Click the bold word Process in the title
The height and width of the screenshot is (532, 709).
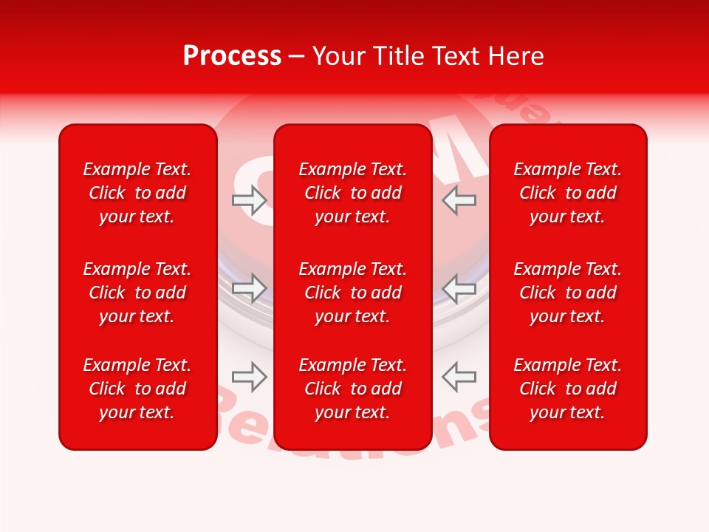[232, 56]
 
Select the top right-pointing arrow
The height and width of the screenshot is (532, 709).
[249, 200]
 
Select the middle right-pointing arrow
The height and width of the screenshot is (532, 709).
[249, 288]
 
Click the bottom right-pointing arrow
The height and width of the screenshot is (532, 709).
[249, 376]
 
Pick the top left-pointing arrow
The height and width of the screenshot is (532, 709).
[459, 200]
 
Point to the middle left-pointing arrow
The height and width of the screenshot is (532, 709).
[459, 288]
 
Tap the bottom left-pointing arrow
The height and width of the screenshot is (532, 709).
[459, 376]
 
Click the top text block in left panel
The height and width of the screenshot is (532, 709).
[137, 193]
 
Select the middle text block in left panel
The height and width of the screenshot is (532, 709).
[137, 293]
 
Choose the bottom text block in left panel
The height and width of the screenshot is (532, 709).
[137, 389]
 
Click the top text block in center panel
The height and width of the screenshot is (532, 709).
[353, 193]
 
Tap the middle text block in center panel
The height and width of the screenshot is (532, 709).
[353, 293]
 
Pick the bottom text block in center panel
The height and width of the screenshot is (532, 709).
[353, 389]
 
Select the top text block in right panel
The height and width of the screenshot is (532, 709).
[568, 193]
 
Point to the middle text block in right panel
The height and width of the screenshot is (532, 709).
[568, 293]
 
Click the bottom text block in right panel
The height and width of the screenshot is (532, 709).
[568, 389]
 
